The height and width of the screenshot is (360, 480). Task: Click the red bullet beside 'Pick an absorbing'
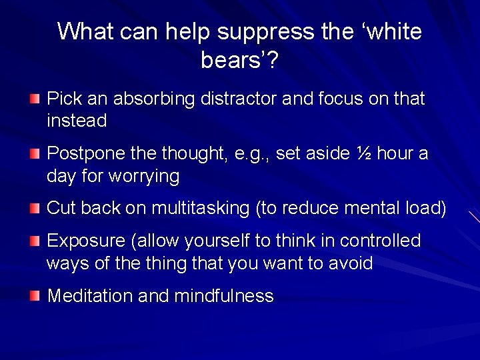pos(35,99)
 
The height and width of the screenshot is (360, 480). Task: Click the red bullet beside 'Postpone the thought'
pos(35,155)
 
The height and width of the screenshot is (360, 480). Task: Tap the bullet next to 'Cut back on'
pos(35,209)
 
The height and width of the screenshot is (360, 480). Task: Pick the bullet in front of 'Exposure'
pos(35,241)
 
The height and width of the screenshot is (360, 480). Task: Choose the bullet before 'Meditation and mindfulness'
pos(35,296)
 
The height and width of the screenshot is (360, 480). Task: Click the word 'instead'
pos(77,121)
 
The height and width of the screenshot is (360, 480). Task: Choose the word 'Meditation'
pos(89,296)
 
